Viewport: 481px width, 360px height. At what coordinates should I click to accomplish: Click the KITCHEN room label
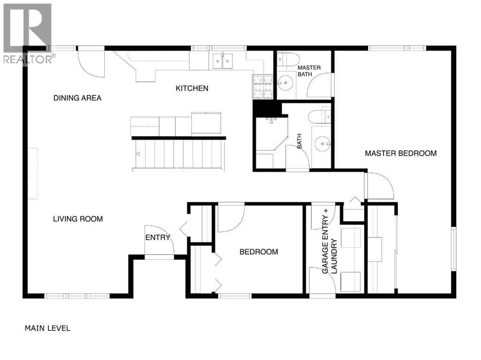point(192,88)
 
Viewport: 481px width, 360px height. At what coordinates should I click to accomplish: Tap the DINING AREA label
point(78,98)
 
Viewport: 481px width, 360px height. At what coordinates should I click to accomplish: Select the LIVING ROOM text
point(78,219)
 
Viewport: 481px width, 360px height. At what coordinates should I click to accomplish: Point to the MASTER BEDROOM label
point(401,153)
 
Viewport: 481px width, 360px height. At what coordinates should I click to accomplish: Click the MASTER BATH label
point(309,71)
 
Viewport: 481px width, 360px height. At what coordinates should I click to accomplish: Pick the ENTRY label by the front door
point(158,237)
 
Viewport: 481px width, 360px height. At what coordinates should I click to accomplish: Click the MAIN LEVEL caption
point(47,328)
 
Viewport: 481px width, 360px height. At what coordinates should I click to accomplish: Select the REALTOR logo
point(28,33)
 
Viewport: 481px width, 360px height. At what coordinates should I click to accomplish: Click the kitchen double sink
point(223,61)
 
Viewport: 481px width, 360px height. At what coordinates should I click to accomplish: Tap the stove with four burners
point(263,87)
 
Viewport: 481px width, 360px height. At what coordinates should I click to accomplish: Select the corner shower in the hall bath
point(271,134)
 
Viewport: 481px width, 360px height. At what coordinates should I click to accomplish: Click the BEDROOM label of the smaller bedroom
point(259,252)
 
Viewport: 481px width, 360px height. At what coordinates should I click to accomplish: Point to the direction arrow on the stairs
point(138,154)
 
